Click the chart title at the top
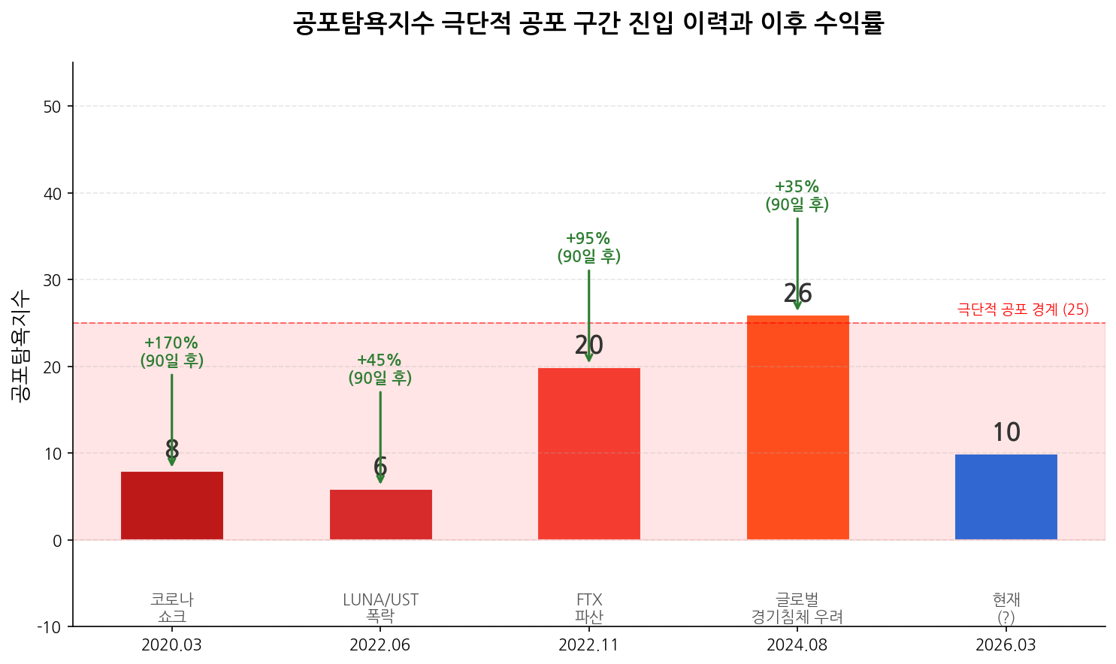588,24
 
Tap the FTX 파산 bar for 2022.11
588,454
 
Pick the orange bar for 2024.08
797,427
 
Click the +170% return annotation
172,352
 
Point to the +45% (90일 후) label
380,369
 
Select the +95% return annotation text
588,247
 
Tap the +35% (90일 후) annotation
797,195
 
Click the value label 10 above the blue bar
1006,433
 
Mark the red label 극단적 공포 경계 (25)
1022,309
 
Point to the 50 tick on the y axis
53,107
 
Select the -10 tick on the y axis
50,626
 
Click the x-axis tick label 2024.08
797,645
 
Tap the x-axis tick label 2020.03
172,645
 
